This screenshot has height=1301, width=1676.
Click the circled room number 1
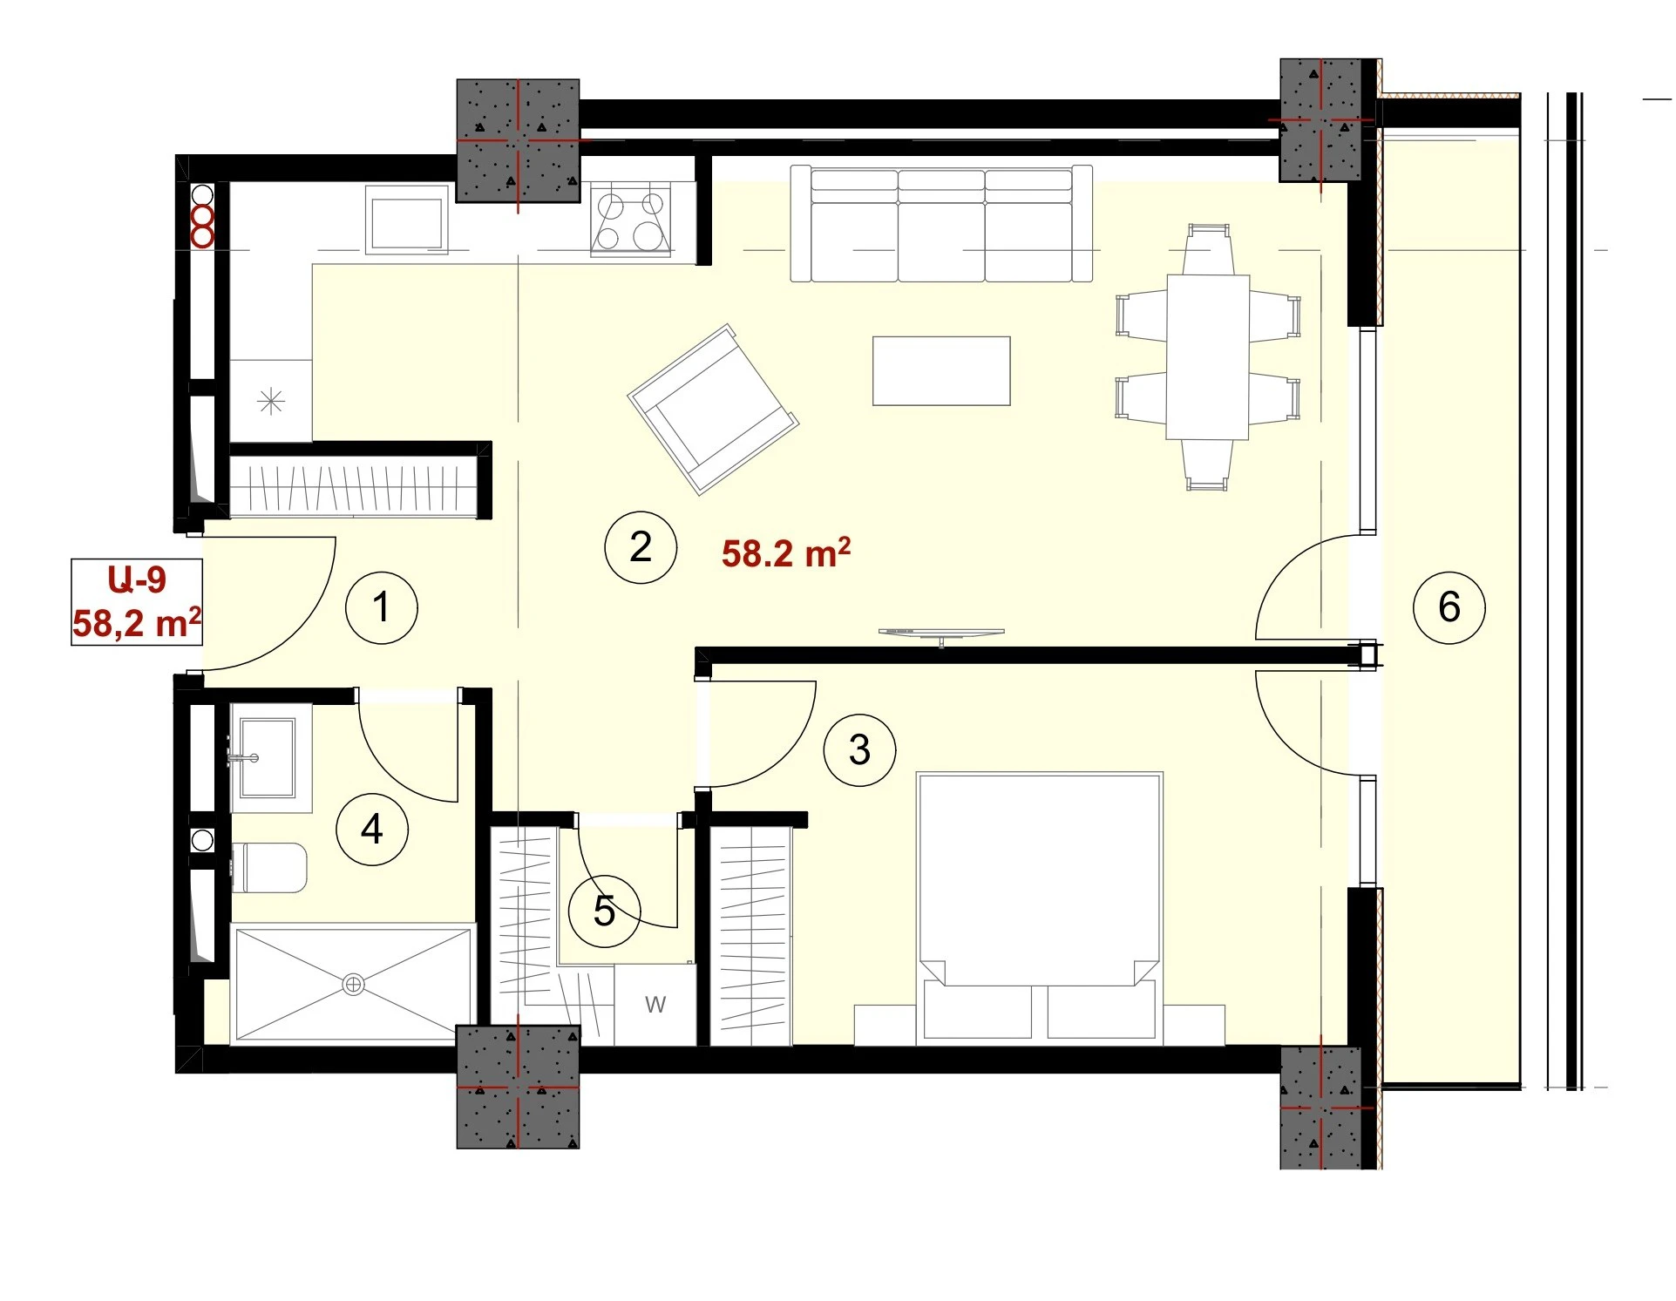[x=381, y=607]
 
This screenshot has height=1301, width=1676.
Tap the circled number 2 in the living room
[x=641, y=547]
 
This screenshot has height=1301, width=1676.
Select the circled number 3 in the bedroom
[x=859, y=750]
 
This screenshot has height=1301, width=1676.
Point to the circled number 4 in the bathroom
[x=372, y=829]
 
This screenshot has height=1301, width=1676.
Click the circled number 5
[x=604, y=911]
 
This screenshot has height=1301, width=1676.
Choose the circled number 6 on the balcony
[x=1449, y=607]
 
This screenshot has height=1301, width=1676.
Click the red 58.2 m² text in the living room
[x=786, y=552]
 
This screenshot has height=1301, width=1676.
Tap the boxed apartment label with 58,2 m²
[x=137, y=602]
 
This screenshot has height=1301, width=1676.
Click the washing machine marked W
[x=655, y=1005]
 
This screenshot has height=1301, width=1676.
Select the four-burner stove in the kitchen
[x=630, y=219]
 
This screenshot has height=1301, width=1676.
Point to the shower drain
[x=354, y=985]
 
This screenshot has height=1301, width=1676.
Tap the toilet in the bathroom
[x=268, y=867]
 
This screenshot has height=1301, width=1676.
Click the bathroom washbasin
[x=265, y=757]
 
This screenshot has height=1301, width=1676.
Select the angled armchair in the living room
[x=713, y=410]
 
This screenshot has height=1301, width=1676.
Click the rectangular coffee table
[x=941, y=371]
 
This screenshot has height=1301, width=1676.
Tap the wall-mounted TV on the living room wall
[x=941, y=634]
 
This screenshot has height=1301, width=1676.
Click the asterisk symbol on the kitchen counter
[x=272, y=402]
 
